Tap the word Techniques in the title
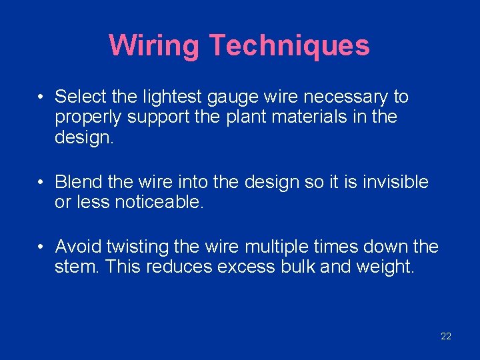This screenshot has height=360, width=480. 289,46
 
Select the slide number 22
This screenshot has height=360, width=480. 446,336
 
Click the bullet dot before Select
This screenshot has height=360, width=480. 41,97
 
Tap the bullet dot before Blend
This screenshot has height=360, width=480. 41,181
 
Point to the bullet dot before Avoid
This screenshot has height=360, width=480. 41,247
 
